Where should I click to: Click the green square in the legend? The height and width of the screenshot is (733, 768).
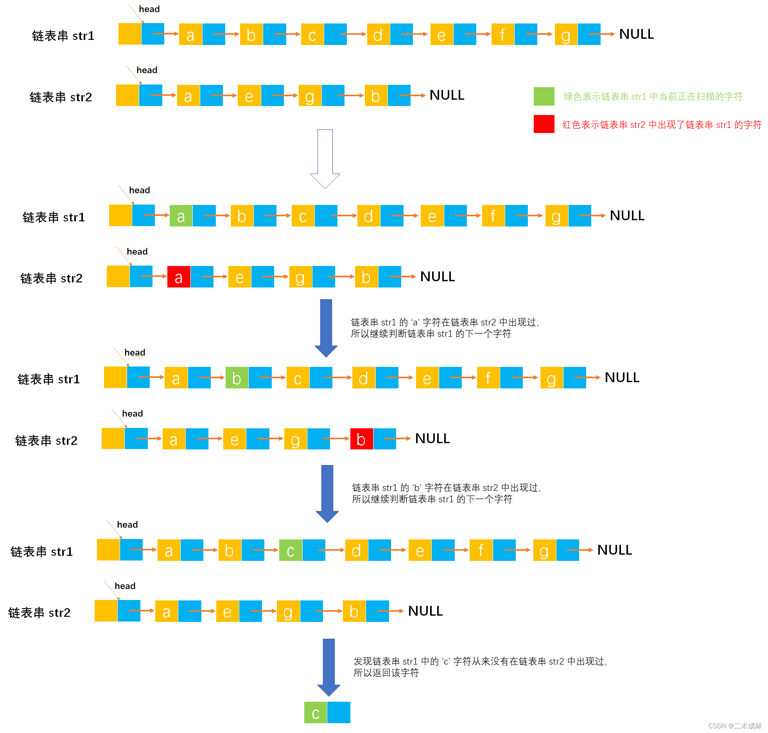click(x=544, y=96)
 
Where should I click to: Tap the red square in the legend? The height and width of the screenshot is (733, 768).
click(x=544, y=124)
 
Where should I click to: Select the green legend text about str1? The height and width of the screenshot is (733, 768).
click(x=653, y=97)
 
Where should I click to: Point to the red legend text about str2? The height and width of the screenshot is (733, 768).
click(x=662, y=125)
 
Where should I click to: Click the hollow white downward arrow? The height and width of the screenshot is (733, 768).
click(x=325, y=158)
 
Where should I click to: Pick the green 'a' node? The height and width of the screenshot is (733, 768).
click(x=181, y=216)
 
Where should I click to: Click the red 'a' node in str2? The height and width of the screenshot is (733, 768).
click(x=179, y=277)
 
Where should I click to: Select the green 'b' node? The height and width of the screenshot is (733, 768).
click(x=237, y=378)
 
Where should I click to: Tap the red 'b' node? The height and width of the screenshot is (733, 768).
click(x=361, y=439)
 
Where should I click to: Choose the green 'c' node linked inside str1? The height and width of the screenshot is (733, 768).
click(x=291, y=550)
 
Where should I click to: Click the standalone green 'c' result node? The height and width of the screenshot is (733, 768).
click(x=316, y=713)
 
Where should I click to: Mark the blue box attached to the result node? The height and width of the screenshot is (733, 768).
click(x=339, y=713)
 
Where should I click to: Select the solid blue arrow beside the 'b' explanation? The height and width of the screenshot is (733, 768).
click(x=327, y=493)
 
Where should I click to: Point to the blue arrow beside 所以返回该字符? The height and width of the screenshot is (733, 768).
click(x=329, y=667)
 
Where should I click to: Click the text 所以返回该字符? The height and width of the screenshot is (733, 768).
click(x=386, y=673)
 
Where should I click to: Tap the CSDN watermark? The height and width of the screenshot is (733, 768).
click(x=735, y=726)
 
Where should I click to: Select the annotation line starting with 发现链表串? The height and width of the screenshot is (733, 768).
click(x=480, y=661)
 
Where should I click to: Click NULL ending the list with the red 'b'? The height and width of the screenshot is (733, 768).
click(x=432, y=439)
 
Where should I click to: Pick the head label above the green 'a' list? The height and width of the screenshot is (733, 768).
click(x=139, y=190)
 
